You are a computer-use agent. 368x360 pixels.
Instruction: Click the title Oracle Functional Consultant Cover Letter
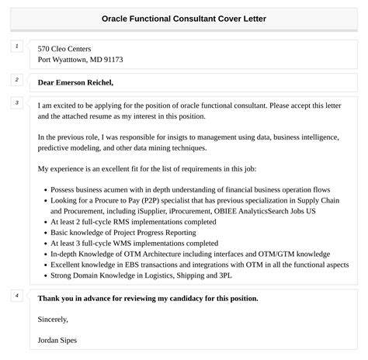183,18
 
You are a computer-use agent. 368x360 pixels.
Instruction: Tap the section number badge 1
16,47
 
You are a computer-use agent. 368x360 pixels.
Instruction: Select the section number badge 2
16,80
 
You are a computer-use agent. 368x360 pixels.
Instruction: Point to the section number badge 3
16,102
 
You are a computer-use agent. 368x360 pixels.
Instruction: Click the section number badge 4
16,296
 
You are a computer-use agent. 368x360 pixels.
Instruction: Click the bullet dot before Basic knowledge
43,232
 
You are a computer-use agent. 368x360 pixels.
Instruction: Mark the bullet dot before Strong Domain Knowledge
43,275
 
